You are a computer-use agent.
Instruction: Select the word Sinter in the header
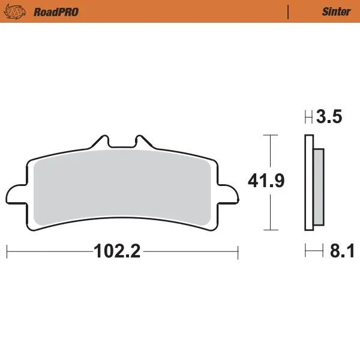(x=337, y=11)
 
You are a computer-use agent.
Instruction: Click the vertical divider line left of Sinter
(x=289, y=11)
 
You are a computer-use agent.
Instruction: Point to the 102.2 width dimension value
(x=117, y=251)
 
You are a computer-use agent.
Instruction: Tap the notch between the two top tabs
(x=122, y=146)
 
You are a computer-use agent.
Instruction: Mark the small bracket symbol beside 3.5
(x=308, y=117)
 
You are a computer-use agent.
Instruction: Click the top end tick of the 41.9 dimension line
(x=271, y=135)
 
